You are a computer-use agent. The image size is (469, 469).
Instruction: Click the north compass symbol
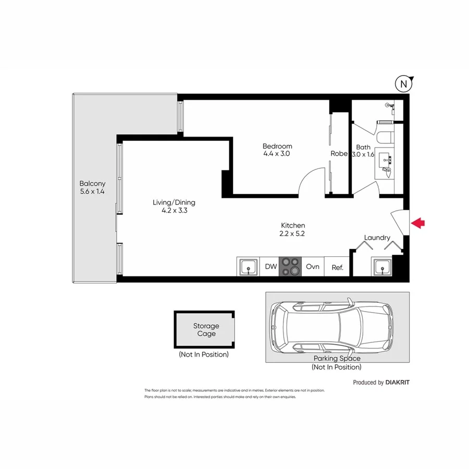tap(403, 83)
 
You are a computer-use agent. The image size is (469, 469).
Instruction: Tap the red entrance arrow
tap(418, 223)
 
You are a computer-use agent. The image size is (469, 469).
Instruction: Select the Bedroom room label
tap(277, 146)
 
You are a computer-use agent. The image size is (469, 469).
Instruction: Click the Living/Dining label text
tap(174, 202)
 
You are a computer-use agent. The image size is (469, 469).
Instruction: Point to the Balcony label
tap(92, 183)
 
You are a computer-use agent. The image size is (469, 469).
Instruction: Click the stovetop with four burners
tap(291, 267)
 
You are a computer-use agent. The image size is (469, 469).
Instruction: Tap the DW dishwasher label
tap(270, 267)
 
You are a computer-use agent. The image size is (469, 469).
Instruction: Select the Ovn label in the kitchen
tap(312, 267)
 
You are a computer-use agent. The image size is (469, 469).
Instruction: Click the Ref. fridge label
tap(337, 268)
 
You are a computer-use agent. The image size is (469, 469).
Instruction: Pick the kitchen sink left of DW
tap(249, 267)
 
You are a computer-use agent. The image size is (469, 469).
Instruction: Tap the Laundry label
tap(377, 238)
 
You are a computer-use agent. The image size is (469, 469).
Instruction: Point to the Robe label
tap(339, 154)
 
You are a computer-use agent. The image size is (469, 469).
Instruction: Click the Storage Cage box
tap(204, 330)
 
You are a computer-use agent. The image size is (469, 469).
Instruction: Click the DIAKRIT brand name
tap(397, 382)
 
